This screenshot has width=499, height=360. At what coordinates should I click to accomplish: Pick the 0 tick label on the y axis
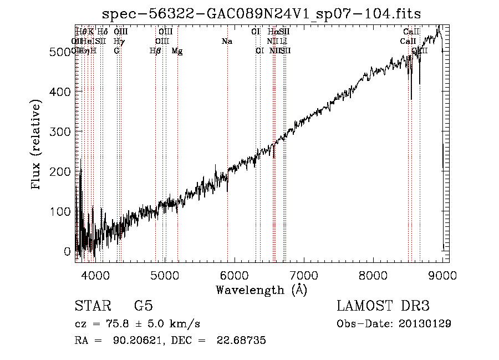(x=68, y=251)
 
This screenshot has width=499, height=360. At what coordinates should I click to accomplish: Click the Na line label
(x=226, y=42)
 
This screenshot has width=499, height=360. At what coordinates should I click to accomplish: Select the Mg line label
(x=177, y=51)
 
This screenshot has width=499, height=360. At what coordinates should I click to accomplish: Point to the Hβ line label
(x=155, y=51)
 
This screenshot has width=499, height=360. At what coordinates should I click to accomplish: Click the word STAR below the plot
(x=92, y=306)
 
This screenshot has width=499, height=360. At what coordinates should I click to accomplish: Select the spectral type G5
(x=144, y=306)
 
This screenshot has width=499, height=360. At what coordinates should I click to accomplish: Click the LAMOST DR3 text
(x=383, y=306)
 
